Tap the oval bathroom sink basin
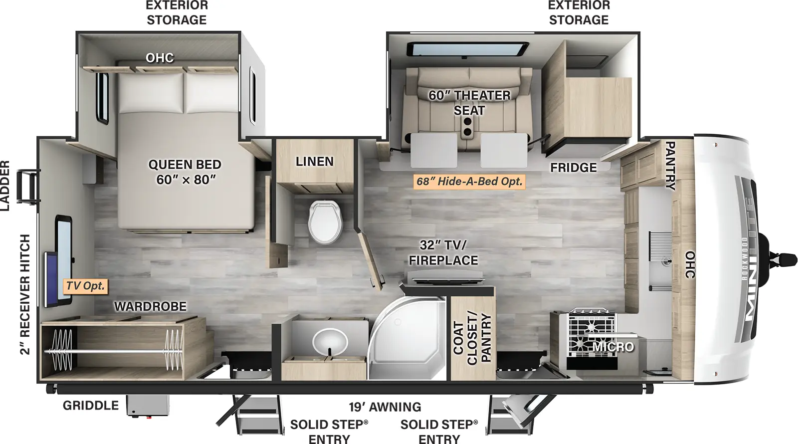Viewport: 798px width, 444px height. click(330, 342)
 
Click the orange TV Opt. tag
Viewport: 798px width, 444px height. click(85, 286)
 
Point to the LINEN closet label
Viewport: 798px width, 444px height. click(314, 162)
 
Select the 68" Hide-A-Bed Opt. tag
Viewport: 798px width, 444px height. click(469, 182)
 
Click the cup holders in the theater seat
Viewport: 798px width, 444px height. click(468, 132)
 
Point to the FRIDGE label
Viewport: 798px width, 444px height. click(573, 168)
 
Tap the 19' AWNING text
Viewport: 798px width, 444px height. click(385, 407)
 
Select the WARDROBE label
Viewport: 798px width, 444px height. click(150, 306)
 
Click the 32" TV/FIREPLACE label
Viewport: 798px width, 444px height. click(443, 252)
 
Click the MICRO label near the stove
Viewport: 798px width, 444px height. click(613, 347)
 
